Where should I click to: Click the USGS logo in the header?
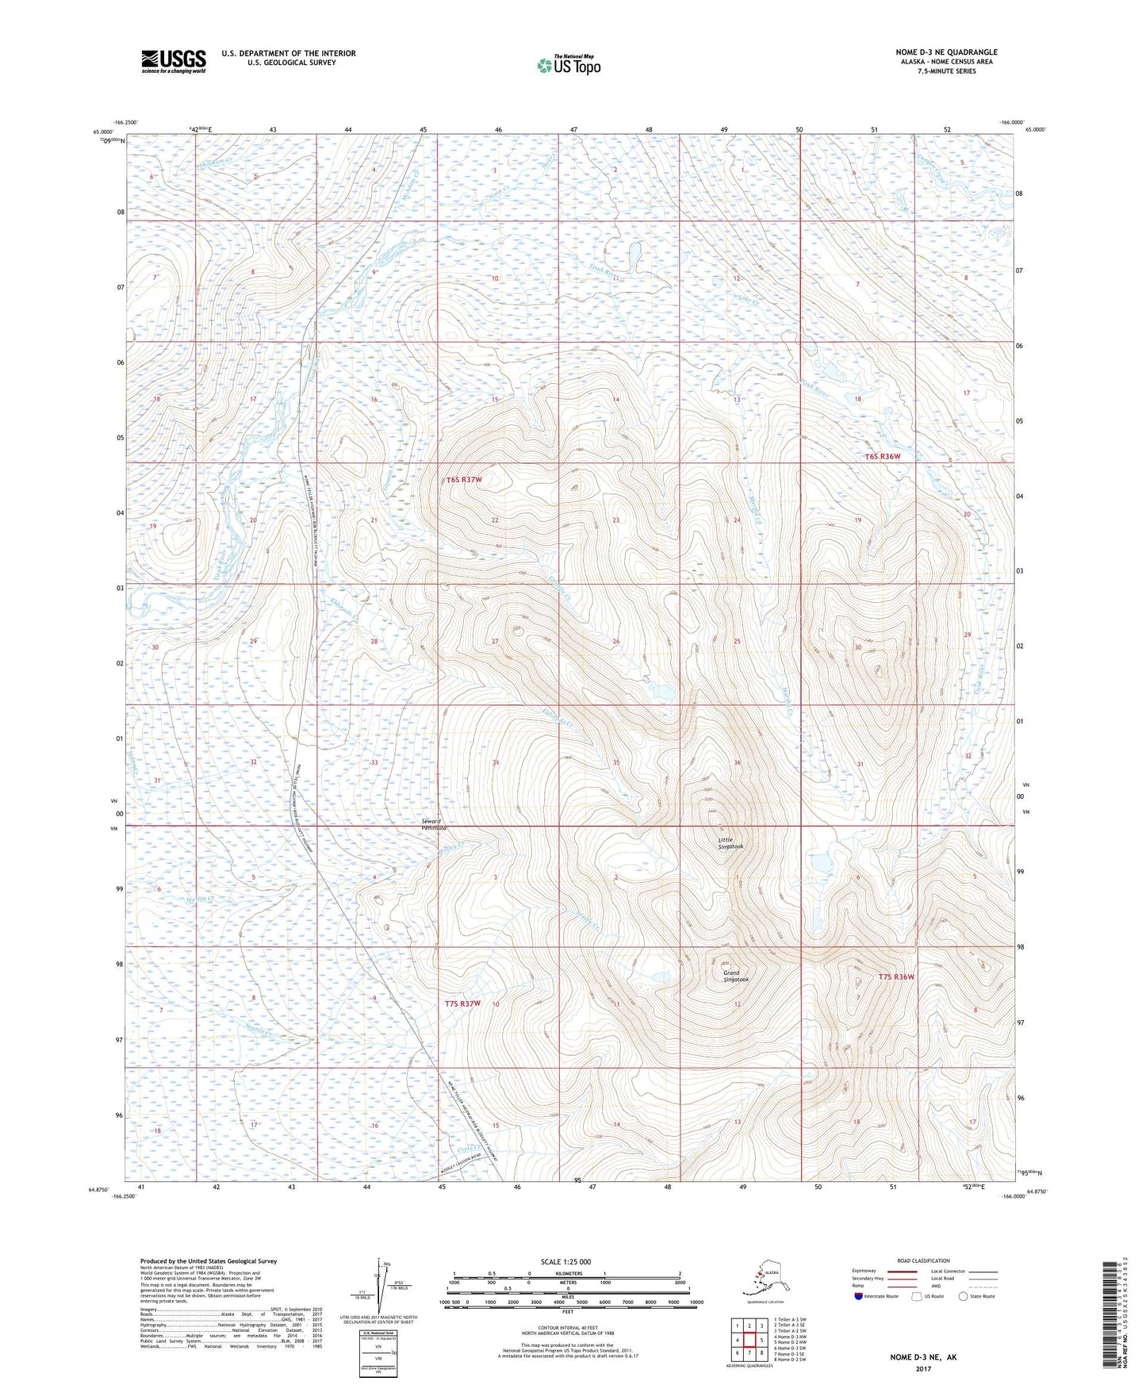pos(173,61)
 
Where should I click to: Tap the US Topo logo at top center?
pos(568,65)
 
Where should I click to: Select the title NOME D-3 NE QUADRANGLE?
pos(946,52)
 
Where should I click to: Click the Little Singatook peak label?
pos(730,843)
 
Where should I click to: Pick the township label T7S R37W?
pos(463,1003)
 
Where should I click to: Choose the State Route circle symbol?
pos(963,1296)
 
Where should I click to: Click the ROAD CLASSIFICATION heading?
pos(924,1260)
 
